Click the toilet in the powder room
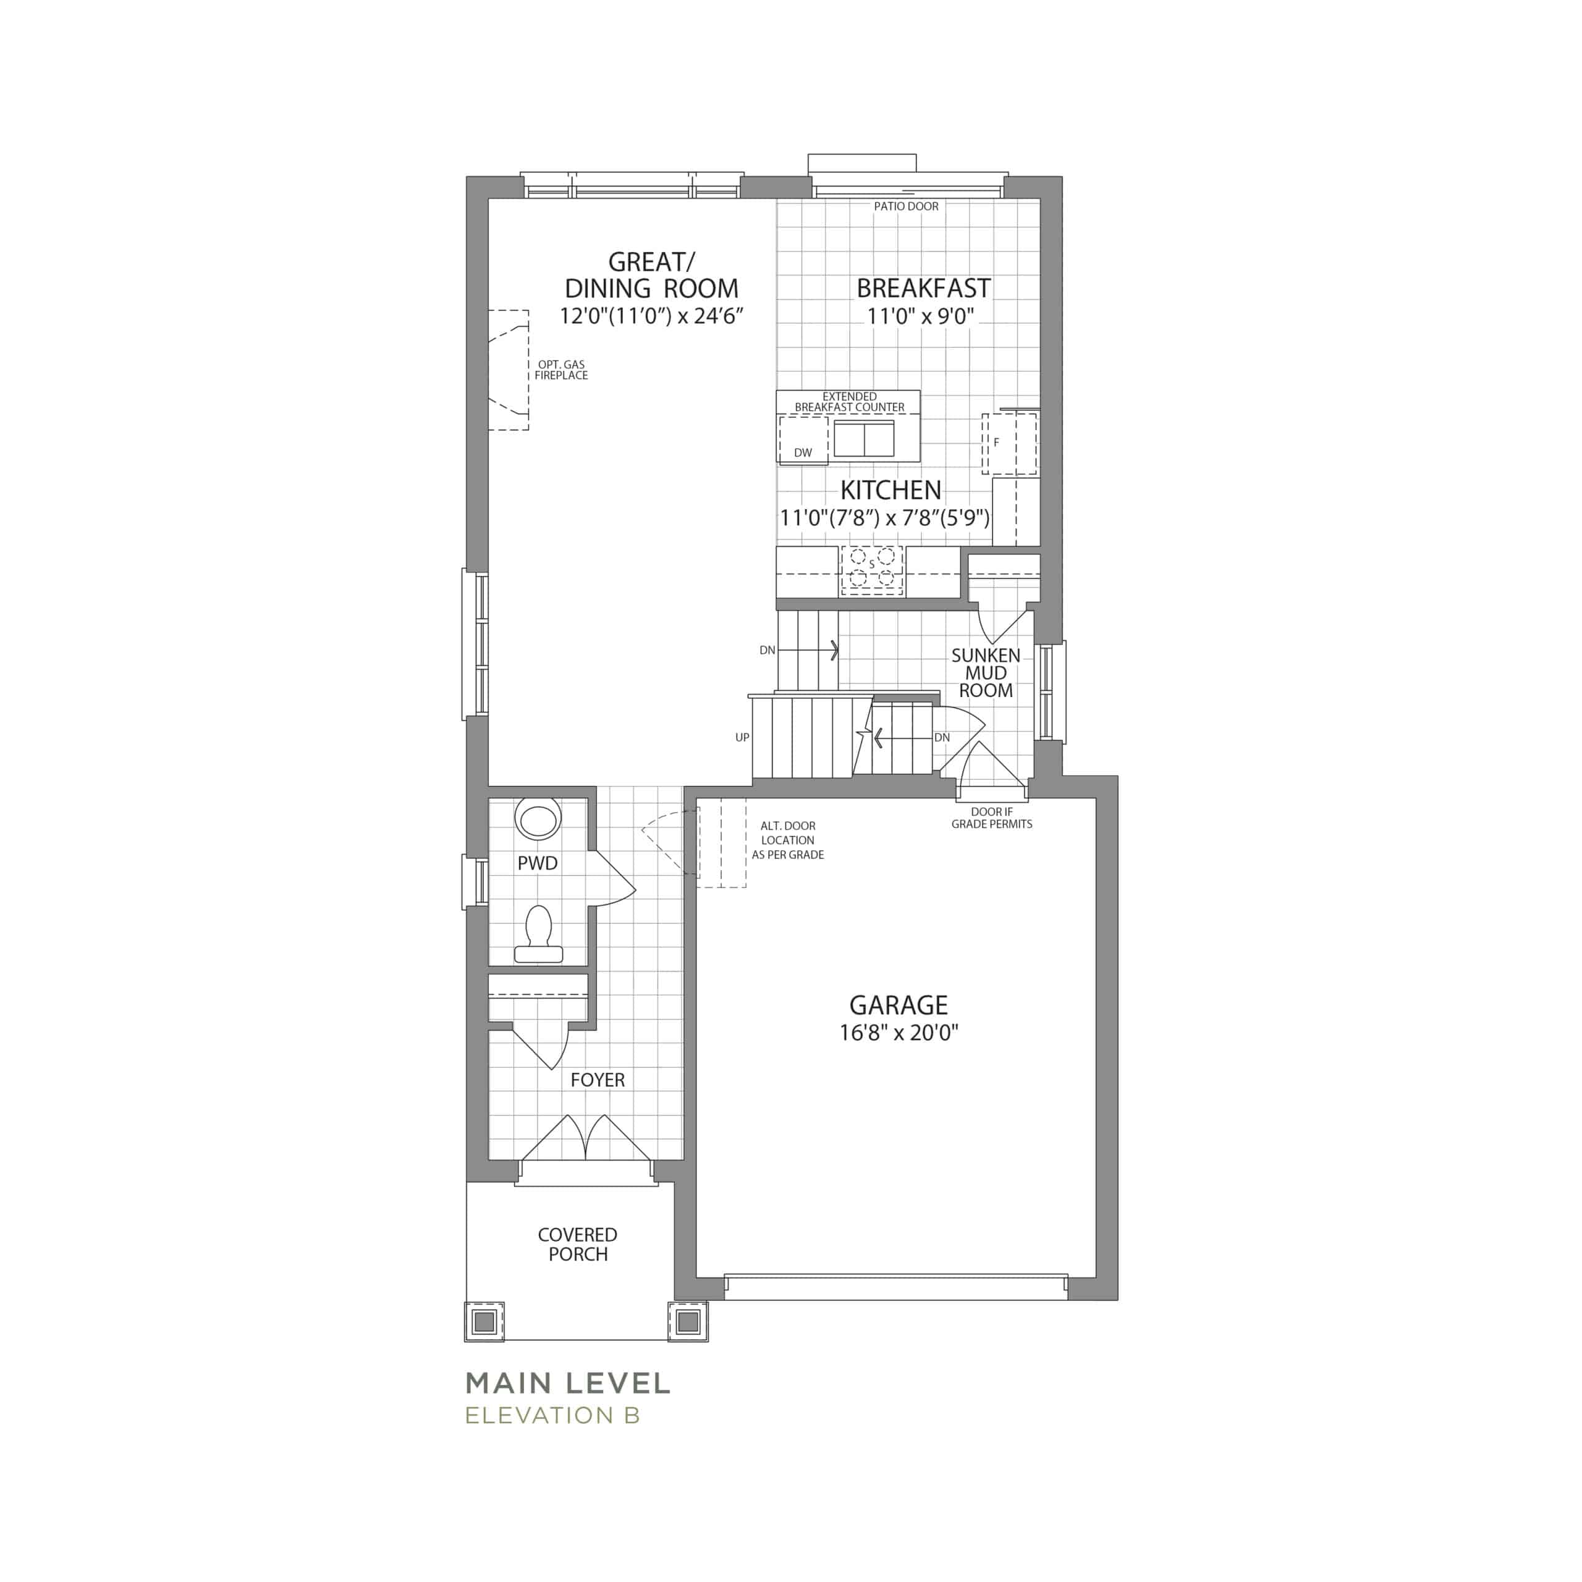[x=538, y=934]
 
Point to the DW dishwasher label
[x=803, y=453]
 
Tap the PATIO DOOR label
[x=906, y=206]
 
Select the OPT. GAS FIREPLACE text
[x=562, y=370]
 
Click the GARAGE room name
[x=899, y=1005]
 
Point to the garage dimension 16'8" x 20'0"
[x=899, y=1033]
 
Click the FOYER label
[x=598, y=1080]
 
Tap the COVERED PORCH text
[x=577, y=1245]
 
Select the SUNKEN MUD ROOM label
[x=986, y=673]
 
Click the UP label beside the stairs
[x=742, y=738]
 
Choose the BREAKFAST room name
[x=924, y=288]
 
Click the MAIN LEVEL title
[x=567, y=1384]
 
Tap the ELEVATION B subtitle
[x=552, y=1416]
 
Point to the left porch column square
[x=484, y=1322]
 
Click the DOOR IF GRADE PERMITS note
[x=992, y=818]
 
